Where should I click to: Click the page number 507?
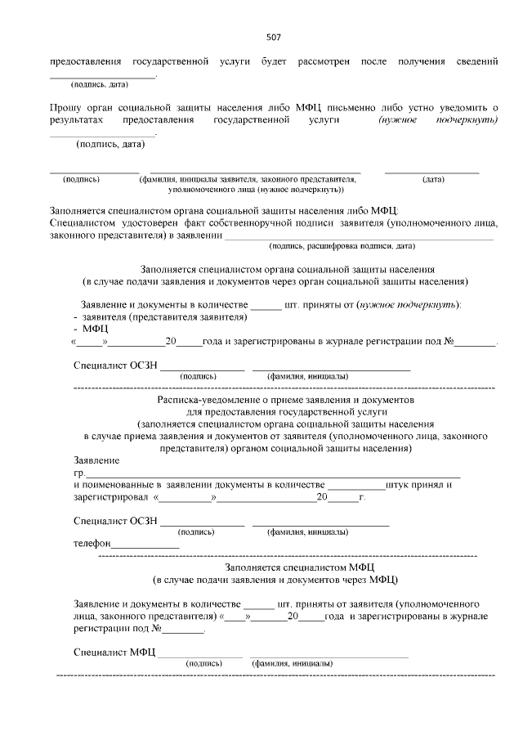click(x=274, y=38)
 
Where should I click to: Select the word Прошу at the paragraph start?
click(x=65, y=108)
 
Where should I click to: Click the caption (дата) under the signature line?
click(x=433, y=178)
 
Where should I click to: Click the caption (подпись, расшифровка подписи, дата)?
click(x=342, y=246)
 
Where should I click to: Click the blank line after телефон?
click(x=145, y=544)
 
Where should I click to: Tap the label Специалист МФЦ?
click(x=114, y=653)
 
